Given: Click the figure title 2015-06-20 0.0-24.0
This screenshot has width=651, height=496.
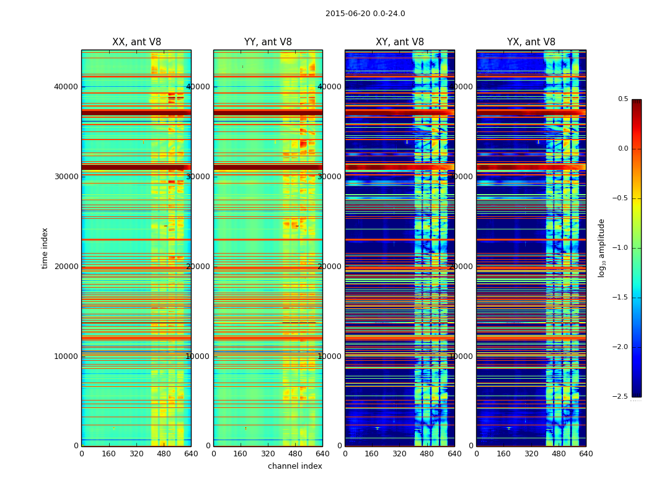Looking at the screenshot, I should point(365,14).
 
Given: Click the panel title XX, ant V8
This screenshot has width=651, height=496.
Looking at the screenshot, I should point(136,42).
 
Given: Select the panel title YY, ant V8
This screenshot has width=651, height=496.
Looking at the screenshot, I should point(268,42).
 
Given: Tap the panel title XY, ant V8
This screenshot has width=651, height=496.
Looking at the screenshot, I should point(400,42).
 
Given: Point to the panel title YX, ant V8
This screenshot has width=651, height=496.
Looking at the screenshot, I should point(531,42).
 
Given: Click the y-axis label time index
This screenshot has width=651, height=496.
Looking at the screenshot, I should point(45,248).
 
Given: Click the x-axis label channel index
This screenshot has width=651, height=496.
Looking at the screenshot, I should point(294,466).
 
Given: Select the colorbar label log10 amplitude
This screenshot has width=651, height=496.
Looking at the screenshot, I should point(601,248).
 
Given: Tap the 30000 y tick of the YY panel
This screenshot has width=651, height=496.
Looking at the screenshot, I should point(198,176).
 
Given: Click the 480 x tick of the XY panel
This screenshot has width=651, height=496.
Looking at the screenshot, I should point(427,453).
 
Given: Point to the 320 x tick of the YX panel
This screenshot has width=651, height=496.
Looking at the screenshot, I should point(531,453).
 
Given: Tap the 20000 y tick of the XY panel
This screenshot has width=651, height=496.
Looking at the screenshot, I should point(330,266).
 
